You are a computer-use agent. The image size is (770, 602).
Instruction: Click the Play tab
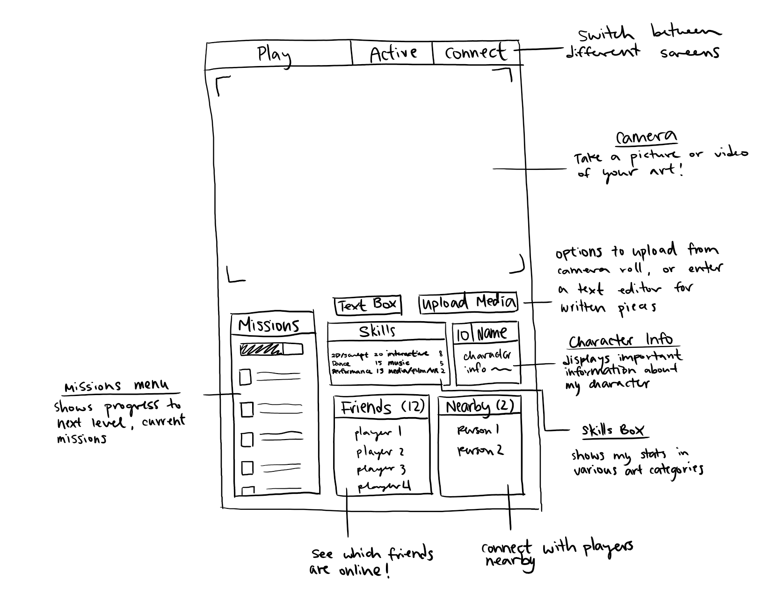tap(274, 54)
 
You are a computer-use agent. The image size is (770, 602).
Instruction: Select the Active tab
tap(393, 53)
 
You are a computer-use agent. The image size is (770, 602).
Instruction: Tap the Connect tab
tap(475, 52)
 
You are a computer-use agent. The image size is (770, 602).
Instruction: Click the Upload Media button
tap(469, 303)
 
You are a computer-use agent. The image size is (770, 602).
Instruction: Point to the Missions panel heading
tap(269, 325)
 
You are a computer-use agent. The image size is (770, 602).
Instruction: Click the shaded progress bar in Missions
tap(271, 350)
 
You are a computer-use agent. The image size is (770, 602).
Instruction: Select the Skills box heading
tap(377, 331)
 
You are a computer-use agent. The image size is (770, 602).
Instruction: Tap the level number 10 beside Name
tap(463, 334)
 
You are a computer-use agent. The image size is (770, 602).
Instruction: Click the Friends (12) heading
tap(382, 407)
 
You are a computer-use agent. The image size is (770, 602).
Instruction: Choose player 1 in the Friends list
tap(378, 433)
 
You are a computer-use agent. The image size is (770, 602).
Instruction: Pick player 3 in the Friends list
tap(381, 470)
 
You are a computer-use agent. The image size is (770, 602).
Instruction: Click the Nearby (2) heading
tap(480, 406)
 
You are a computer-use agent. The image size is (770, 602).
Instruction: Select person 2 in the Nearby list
tap(480, 450)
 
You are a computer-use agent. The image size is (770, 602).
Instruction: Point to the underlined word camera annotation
tap(647, 138)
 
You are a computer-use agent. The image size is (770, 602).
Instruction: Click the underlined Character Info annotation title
tap(621, 340)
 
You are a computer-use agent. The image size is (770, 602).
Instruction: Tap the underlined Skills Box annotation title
tap(613, 430)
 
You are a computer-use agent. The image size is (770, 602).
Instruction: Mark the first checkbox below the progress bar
tap(245, 377)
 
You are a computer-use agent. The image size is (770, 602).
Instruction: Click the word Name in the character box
tap(492, 333)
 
